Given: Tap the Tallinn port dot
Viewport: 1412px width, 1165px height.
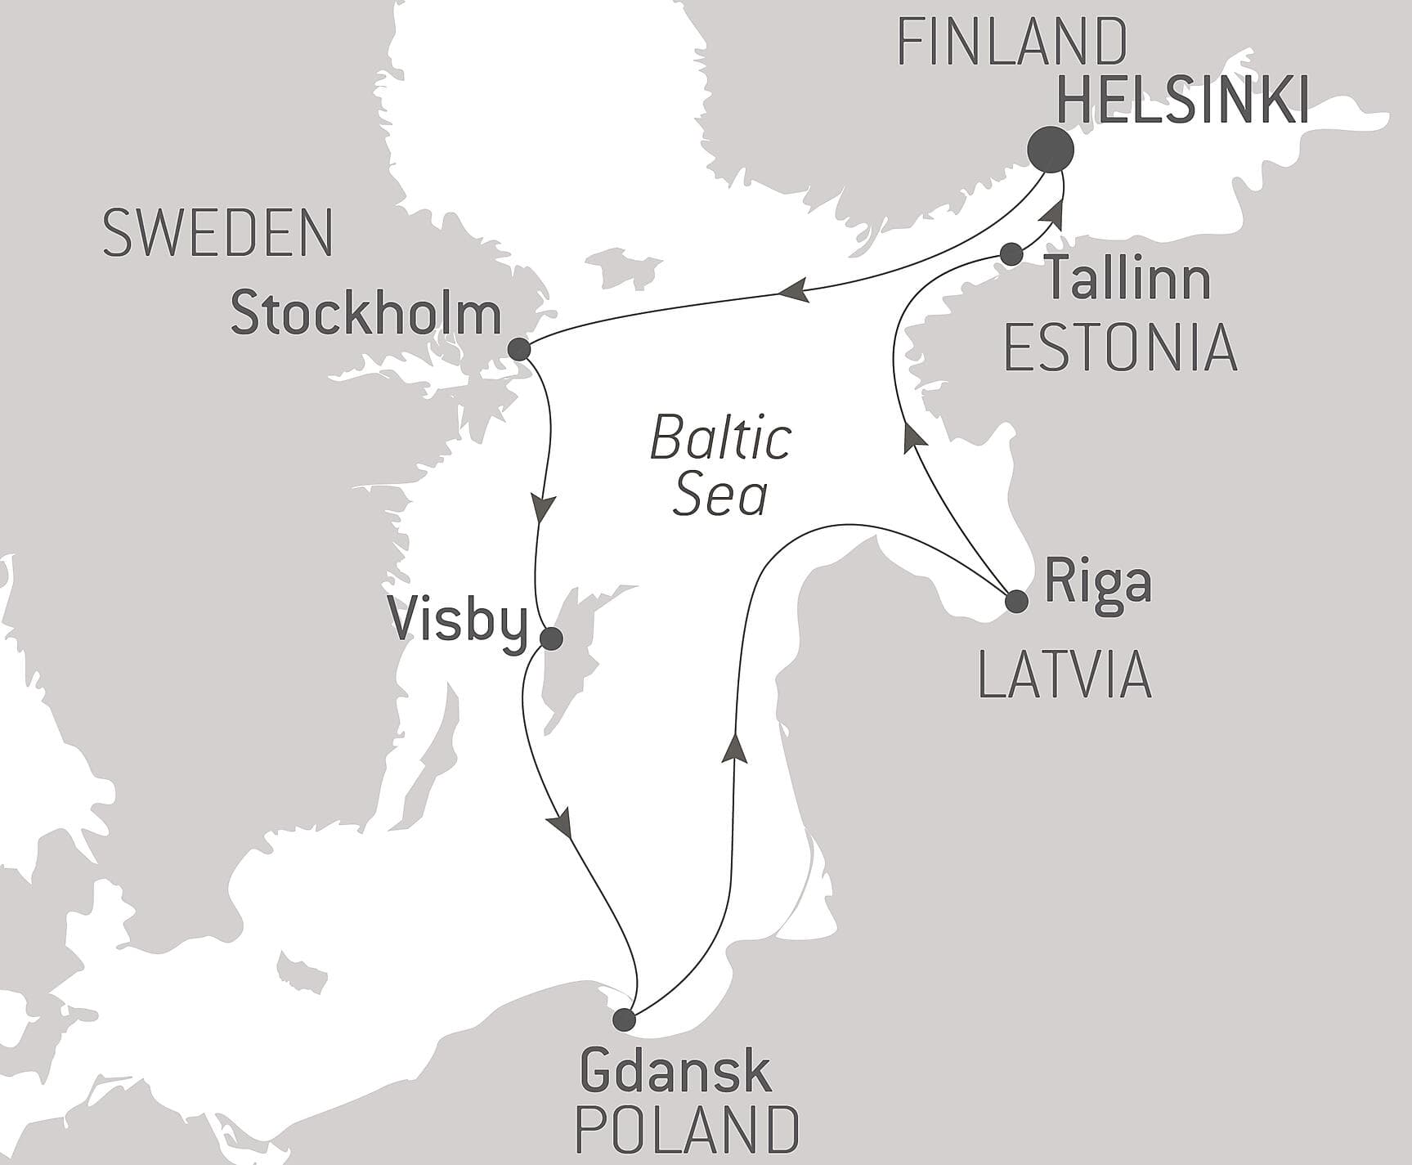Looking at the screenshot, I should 1011,254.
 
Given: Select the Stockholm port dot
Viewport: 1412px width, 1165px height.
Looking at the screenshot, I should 519,350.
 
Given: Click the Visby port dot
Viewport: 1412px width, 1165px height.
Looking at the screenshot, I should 552,639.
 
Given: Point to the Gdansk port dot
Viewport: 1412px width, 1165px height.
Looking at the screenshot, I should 624,1019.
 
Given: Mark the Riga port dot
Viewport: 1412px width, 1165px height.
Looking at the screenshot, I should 1015,602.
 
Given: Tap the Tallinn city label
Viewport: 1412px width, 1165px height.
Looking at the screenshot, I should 1128,278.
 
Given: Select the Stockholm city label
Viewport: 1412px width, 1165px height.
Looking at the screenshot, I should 365,315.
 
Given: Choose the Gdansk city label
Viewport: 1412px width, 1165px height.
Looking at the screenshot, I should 675,1072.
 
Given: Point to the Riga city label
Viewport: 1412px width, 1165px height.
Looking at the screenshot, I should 1098,582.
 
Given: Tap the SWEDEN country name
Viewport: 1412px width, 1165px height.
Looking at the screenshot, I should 217,233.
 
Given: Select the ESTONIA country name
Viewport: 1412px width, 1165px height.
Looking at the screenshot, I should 1119,347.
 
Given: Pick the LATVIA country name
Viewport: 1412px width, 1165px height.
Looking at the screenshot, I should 1065,676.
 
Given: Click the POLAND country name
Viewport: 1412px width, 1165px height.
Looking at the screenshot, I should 687,1129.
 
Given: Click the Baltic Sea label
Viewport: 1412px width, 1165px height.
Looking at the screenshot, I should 720,466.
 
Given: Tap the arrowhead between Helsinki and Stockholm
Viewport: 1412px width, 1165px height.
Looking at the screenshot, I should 792,290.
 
